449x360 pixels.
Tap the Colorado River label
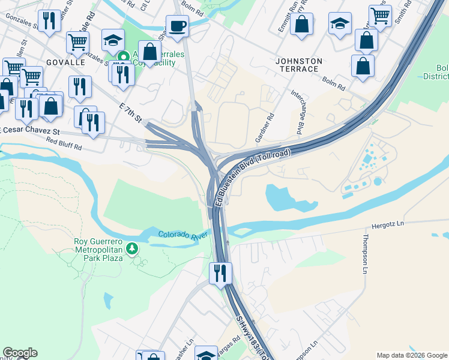point(182,235)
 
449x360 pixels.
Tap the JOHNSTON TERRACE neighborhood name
point(299,65)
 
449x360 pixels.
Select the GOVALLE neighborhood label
point(59,61)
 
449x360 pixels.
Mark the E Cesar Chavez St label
point(31,131)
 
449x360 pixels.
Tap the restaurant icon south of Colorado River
point(220,274)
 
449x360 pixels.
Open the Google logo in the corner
point(20,353)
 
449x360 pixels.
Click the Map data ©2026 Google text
point(411,355)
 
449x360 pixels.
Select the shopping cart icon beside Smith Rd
point(380,16)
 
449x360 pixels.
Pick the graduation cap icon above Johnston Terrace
point(340,25)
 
